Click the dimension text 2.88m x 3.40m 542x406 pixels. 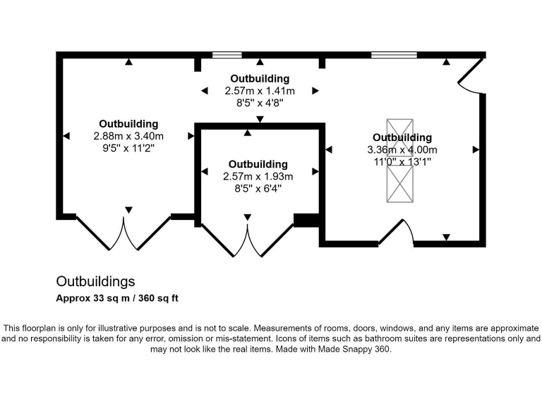[x=128, y=136]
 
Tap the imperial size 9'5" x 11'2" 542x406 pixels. [x=128, y=148]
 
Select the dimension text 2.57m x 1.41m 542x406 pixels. [x=260, y=91]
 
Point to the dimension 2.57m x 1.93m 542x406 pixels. [x=258, y=176]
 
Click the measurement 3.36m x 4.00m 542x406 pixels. [x=402, y=149]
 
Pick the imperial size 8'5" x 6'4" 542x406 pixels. [x=258, y=188]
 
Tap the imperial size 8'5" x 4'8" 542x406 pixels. [x=260, y=103]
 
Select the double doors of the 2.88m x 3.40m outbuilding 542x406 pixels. [x=124, y=233]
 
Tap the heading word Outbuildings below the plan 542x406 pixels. [x=95, y=282]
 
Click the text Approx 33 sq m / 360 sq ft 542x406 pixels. [x=117, y=298]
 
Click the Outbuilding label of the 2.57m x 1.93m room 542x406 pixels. [x=258, y=164]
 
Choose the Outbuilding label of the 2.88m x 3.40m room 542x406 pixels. [x=128, y=124]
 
